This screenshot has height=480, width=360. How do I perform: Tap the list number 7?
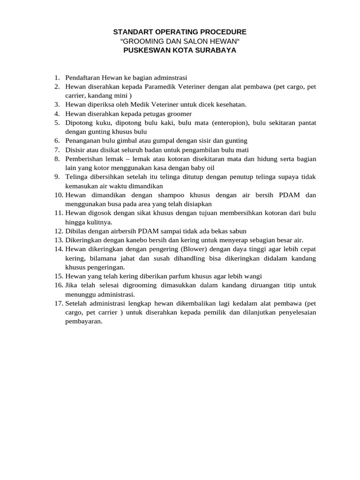click(57, 150)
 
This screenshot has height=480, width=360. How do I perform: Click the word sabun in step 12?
click(237, 231)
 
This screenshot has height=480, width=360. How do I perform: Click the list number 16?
click(58, 285)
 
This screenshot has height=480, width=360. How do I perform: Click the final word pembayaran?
click(83, 322)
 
